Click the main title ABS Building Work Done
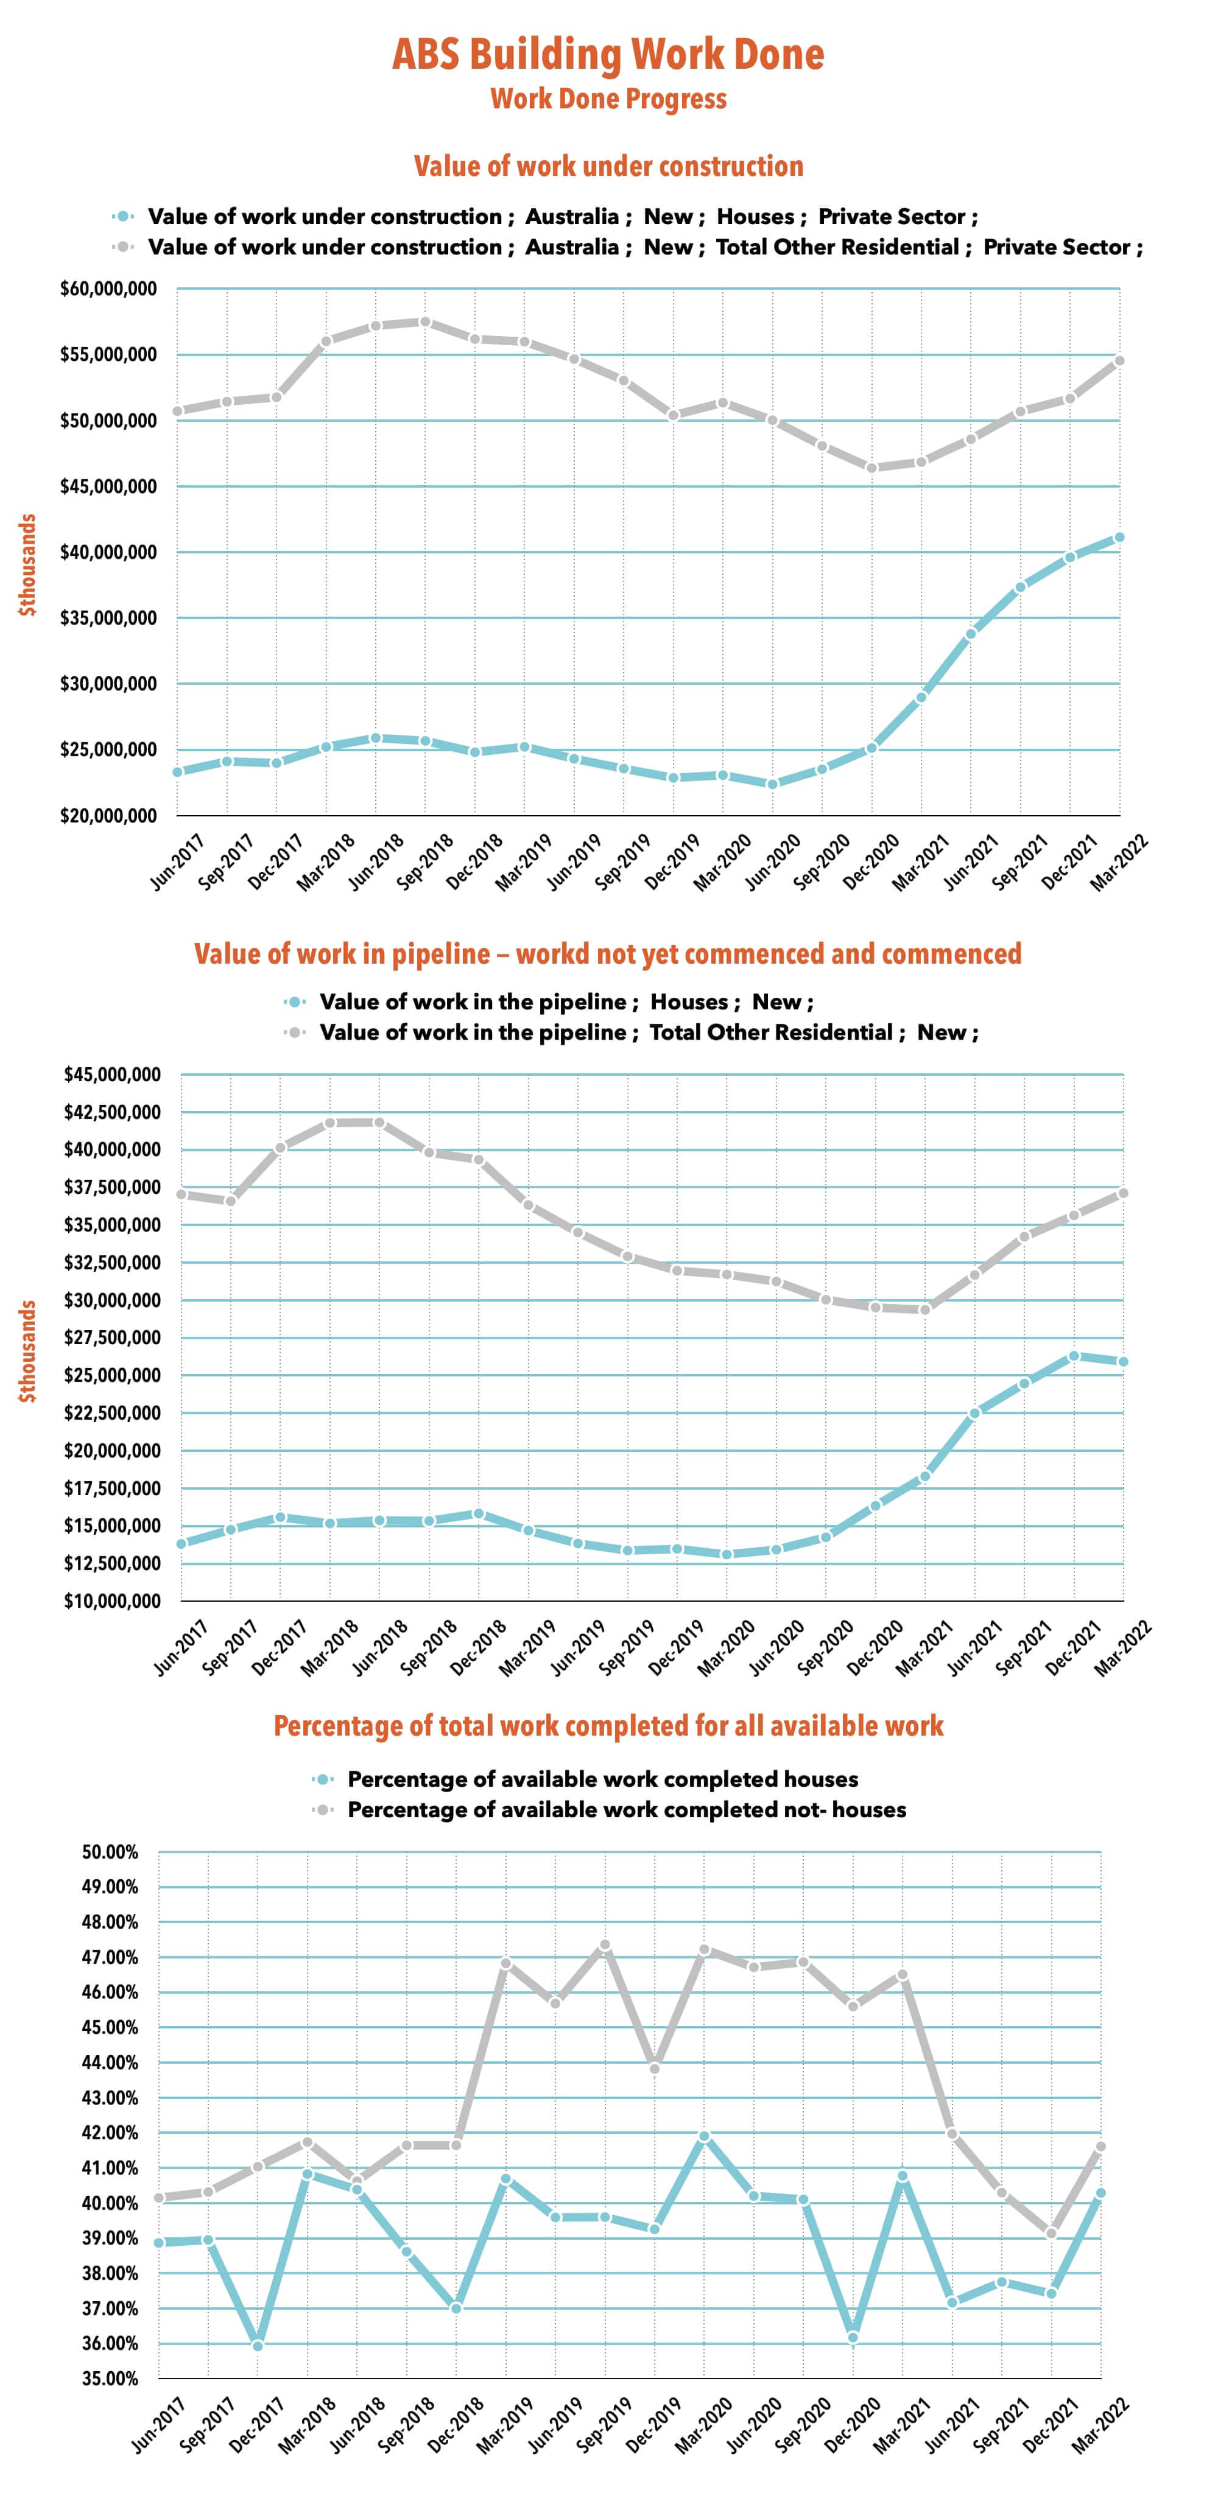pos(608,54)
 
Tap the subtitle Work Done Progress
pos(608,99)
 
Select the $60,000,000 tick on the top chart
pos(108,289)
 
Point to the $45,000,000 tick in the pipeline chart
pos(111,1074)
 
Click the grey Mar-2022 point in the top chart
pos(1119,360)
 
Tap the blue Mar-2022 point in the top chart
pos(1119,537)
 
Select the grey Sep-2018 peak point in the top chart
pos(425,321)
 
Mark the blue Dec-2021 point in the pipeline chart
pos(1074,1356)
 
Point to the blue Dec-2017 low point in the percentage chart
pos(258,2345)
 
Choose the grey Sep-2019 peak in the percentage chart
pos(605,1946)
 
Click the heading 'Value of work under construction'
pos(608,167)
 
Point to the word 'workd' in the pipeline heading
pos(551,955)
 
